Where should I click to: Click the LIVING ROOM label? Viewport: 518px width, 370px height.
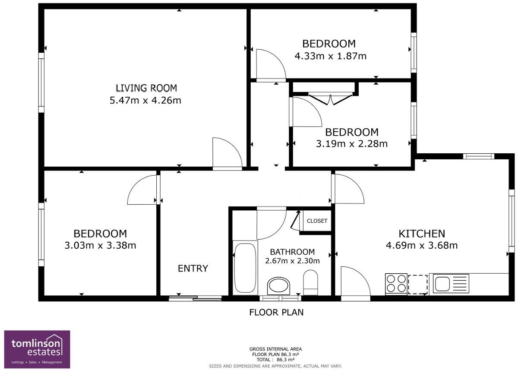coord(146,89)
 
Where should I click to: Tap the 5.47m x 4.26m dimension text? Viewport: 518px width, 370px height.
coord(146,101)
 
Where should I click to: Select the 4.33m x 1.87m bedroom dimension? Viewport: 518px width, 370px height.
coord(330,56)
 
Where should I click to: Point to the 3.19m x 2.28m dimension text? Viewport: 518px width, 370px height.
coord(351,144)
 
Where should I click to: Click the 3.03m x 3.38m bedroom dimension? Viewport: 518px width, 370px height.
coord(100,246)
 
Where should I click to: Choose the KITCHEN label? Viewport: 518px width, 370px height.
coord(421,234)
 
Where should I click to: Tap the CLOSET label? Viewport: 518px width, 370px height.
coord(317,221)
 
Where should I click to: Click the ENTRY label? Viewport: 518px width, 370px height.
coord(193,269)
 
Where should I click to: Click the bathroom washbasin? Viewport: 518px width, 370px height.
coord(279,286)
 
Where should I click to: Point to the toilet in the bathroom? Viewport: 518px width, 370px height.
coord(311,282)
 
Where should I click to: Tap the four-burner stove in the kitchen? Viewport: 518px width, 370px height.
coord(395,284)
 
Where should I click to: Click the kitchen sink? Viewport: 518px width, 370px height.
coord(442,284)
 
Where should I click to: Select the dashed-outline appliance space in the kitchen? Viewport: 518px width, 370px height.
coord(417,284)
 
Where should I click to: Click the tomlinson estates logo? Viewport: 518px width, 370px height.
coord(37,349)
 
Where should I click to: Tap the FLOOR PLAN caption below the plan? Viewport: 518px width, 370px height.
coord(276,312)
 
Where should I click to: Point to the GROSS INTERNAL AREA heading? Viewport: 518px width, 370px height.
coord(275,349)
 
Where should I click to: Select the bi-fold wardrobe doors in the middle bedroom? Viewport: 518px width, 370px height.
coord(330,98)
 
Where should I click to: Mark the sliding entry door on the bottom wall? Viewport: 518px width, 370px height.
coord(195,297)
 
